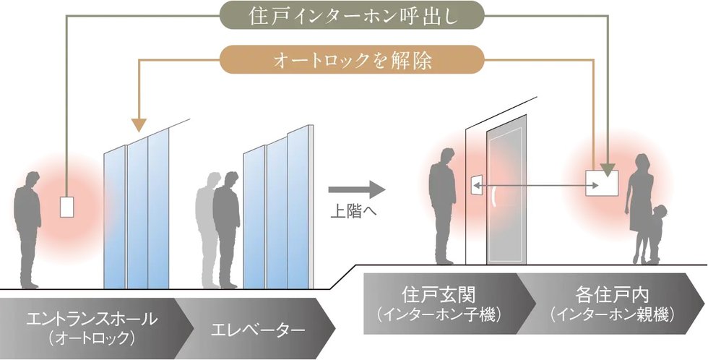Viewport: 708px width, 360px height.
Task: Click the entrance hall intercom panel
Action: pyautogui.click(x=67, y=207)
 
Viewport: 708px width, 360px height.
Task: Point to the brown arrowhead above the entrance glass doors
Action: pyautogui.click(x=138, y=124)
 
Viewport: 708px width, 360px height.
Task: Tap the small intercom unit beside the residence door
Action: pyautogui.click(x=476, y=184)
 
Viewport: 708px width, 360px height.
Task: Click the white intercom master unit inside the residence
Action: pyautogui.click(x=602, y=182)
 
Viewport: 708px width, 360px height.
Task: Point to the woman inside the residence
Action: pyautogui.click(x=638, y=202)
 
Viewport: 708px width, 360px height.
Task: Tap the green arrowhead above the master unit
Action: pyautogui.click(x=608, y=170)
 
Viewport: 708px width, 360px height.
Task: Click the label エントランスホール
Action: pyautogui.click(x=90, y=318)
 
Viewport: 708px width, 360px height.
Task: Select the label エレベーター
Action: pyautogui.click(x=257, y=329)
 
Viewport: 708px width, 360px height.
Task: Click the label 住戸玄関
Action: pyautogui.click(x=431, y=296)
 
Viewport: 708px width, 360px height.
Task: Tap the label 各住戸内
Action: pyautogui.click(x=611, y=296)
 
